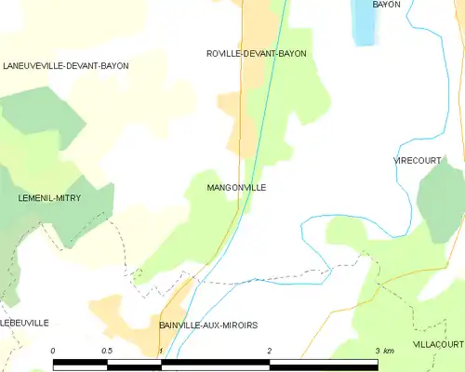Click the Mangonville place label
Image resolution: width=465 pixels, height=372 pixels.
tap(236, 188)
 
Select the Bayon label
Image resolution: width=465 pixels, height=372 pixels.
tap(386, 5)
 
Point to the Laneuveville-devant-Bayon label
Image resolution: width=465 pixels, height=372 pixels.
tap(65, 66)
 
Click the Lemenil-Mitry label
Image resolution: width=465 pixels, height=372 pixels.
tap(49, 198)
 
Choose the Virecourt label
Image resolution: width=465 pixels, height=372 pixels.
tap(417, 161)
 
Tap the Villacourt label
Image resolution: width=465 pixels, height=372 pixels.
tap(438, 343)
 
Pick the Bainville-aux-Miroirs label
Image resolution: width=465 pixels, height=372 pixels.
tap(207, 325)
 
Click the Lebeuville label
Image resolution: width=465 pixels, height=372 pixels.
tap(24, 323)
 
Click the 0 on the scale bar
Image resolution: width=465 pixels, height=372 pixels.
tap(53, 351)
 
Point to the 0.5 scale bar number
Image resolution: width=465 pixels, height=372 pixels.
tap(107, 351)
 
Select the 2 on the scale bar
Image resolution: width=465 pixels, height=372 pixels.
tap(269, 351)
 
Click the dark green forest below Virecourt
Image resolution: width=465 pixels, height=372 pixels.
tap(439, 200)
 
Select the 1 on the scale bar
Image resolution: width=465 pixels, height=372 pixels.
tap(161, 351)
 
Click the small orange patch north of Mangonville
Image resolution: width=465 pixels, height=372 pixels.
tap(229, 104)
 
